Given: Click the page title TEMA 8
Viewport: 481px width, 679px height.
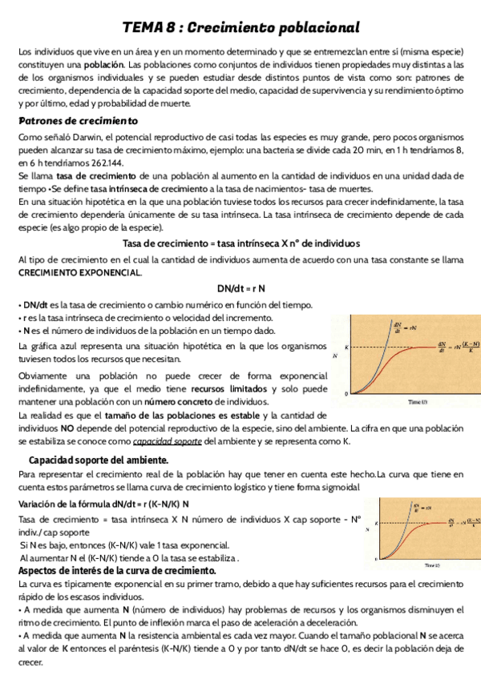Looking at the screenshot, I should click(x=240, y=27).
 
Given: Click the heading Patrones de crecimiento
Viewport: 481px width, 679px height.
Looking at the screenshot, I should click(x=78, y=120).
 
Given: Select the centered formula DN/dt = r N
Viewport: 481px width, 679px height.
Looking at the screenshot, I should click(x=240, y=288).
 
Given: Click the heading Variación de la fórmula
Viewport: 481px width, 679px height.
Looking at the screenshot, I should click(x=103, y=504).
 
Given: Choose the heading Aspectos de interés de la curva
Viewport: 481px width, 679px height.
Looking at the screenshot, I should click(x=117, y=571).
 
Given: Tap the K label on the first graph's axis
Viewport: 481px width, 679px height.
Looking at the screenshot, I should click(x=346, y=348).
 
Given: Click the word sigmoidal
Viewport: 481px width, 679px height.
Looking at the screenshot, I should click(x=342, y=487).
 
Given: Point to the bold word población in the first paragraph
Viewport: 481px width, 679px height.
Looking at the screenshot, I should click(x=102, y=64).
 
